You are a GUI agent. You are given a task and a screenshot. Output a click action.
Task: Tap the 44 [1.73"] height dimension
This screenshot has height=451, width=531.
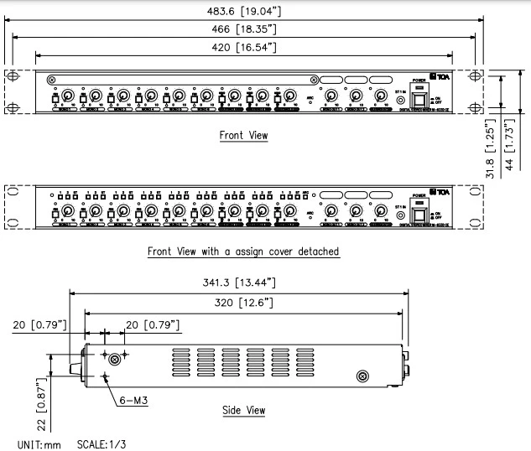coord(508,144)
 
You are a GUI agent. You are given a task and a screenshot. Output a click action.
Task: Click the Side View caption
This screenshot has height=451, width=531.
coord(242,410)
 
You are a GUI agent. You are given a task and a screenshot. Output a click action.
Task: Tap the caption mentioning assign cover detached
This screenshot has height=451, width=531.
coord(243,251)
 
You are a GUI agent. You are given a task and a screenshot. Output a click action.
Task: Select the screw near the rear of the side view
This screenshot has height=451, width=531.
coord(363,376)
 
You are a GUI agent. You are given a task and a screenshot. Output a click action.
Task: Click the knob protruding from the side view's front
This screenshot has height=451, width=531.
coord(74,365)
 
